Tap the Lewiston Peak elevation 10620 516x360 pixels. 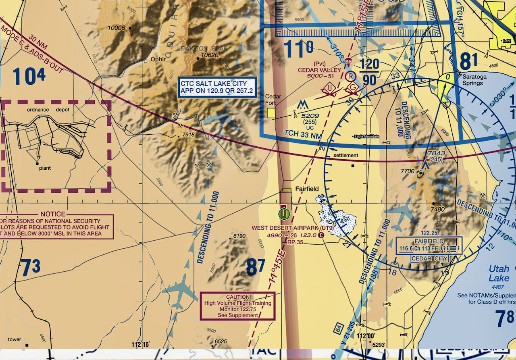(x=210, y=55)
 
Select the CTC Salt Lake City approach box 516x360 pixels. (x=216, y=87)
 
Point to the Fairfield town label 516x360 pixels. (x=307, y=189)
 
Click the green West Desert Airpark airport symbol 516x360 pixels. (x=284, y=214)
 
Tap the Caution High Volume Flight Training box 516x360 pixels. (x=237, y=306)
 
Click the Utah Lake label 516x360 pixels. (x=499, y=273)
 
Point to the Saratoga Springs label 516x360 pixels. (x=474, y=80)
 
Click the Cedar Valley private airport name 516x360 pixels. (x=319, y=70)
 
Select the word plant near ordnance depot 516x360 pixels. (x=45, y=168)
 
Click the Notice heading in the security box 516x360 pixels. (x=53, y=214)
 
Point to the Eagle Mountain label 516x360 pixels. (x=366, y=137)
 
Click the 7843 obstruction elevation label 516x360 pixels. (x=436, y=154)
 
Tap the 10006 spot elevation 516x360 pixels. (x=117, y=28)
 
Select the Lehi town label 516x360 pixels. (x=506, y=41)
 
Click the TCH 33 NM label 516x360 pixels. (x=303, y=133)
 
